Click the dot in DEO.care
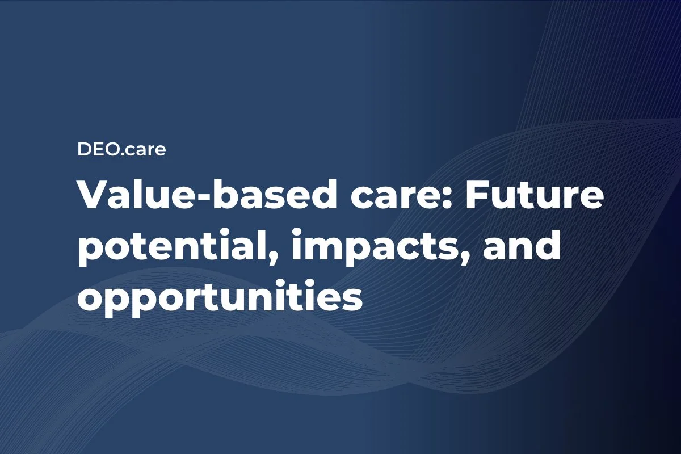(x=124, y=155)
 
